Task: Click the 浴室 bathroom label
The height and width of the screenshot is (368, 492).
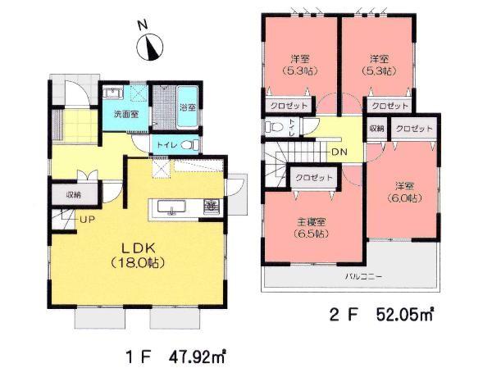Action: click(x=187, y=107)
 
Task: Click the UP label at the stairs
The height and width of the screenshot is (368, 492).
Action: click(x=86, y=220)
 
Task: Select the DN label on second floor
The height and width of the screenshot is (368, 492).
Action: click(x=337, y=152)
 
